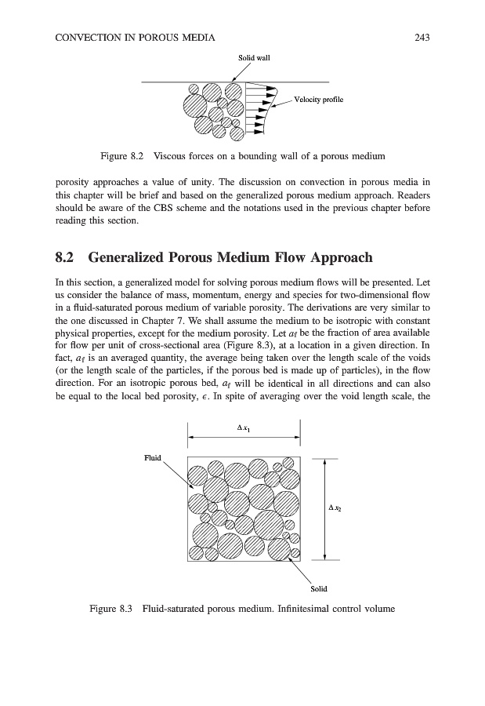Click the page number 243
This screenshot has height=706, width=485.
coord(423,37)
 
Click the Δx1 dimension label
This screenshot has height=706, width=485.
coord(244,428)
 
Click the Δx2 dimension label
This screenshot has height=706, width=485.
coord(335,508)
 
